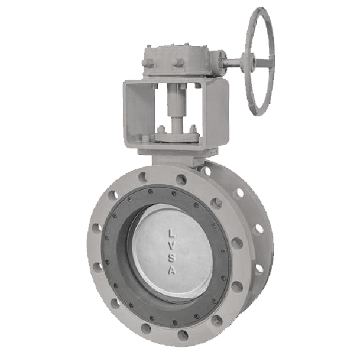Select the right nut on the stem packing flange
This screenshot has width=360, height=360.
tap(193, 127)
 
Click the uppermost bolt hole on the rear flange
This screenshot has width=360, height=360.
tap(207, 170)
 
